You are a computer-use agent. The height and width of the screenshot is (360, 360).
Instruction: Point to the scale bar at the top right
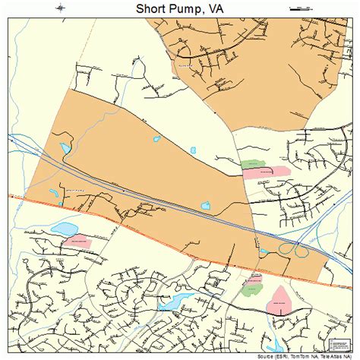tap(300, 8)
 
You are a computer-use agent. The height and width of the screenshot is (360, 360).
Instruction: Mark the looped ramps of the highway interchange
tap(292, 248)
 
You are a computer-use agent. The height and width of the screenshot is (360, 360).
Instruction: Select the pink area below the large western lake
tap(77, 242)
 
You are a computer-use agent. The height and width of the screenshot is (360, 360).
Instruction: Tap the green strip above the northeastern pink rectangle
tap(251, 163)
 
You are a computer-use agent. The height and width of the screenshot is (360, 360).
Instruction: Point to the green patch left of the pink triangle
tap(251, 287)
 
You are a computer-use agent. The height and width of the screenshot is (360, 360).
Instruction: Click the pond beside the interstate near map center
tap(205, 205)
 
